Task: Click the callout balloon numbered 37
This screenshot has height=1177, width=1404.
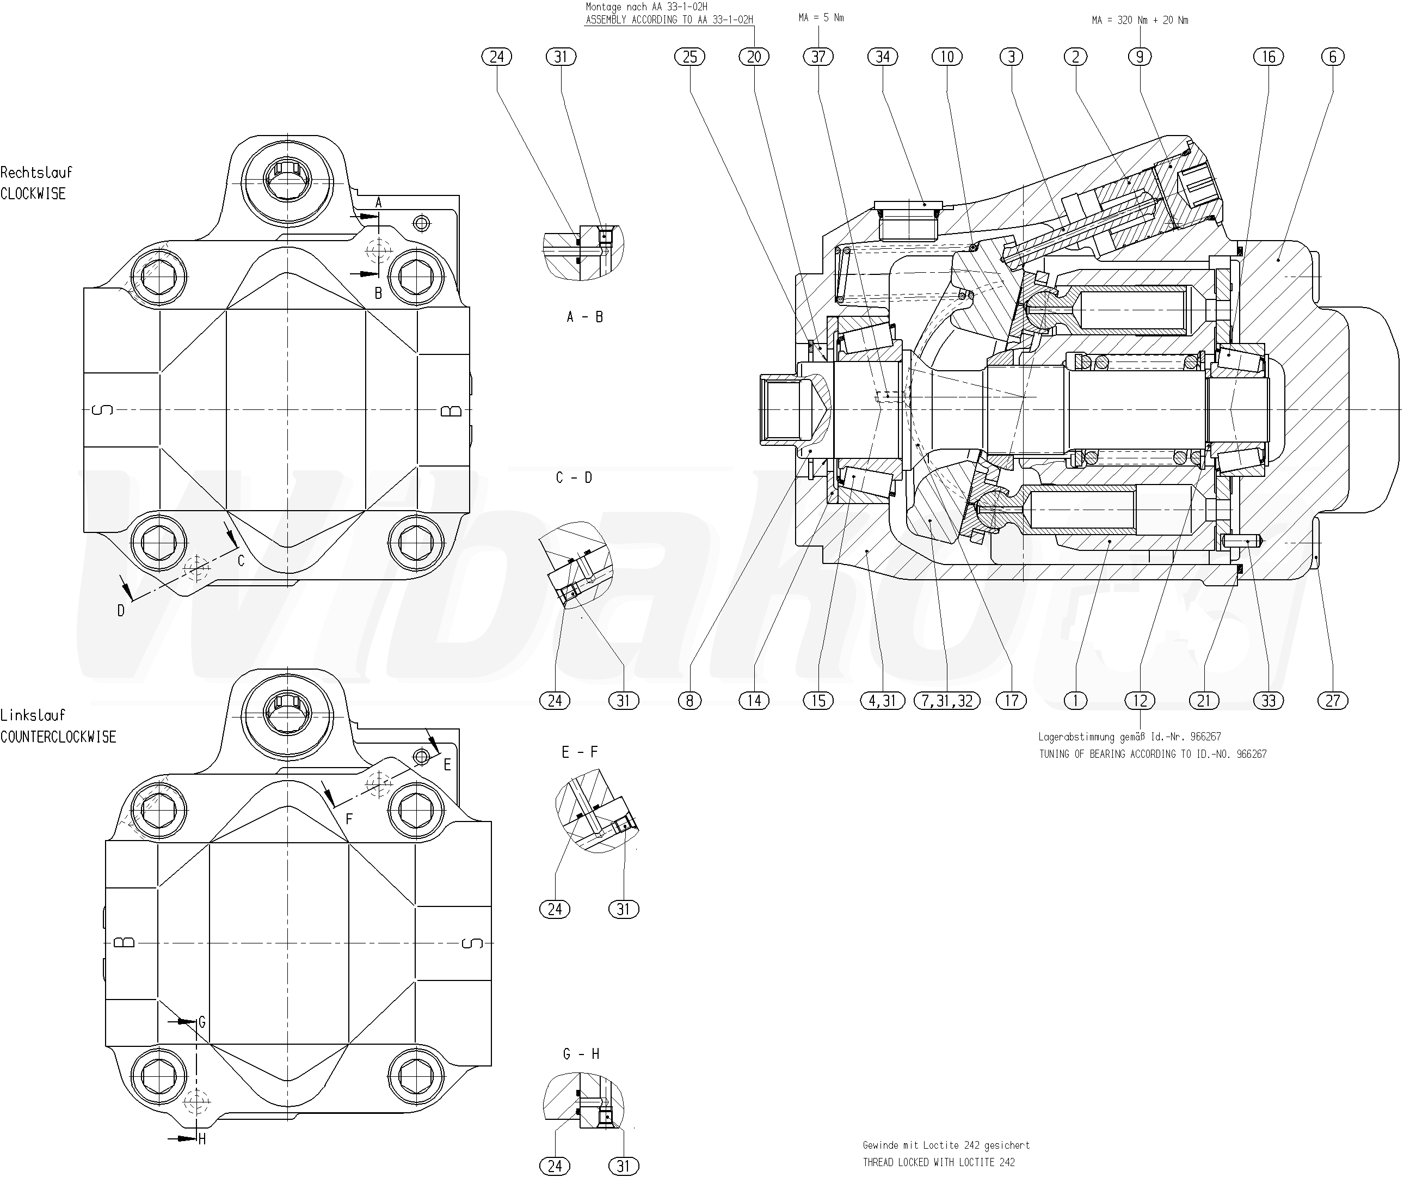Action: click(x=818, y=57)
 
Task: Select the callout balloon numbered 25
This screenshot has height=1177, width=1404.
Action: click(x=690, y=57)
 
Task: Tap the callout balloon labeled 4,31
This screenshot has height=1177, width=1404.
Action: click(x=883, y=700)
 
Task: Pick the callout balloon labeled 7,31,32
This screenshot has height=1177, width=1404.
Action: click(x=947, y=700)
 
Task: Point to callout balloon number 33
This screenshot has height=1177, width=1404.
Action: click(x=1268, y=700)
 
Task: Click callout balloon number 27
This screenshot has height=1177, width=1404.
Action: click(x=1333, y=700)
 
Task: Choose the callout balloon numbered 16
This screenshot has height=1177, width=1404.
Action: click(x=1268, y=57)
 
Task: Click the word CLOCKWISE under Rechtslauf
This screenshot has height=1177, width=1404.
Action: click(x=33, y=194)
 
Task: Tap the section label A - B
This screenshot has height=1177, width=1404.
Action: click(x=585, y=317)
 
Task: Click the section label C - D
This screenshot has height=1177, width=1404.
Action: click(x=574, y=477)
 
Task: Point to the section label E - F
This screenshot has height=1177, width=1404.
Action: click(x=580, y=752)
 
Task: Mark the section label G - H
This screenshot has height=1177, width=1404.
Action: click(x=581, y=1055)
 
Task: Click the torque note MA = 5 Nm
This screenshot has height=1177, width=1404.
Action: click(x=821, y=17)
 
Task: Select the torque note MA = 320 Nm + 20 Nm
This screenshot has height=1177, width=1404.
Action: click(x=1140, y=20)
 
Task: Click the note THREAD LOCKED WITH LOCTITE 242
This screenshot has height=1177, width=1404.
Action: click(x=939, y=1162)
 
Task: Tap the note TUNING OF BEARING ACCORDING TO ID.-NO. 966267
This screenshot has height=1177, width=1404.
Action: click(x=1153, y=753)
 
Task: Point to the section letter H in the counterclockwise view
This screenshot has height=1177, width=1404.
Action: click(x=202, y=1138)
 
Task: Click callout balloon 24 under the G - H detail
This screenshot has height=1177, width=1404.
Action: click(x=555, y=1166)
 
